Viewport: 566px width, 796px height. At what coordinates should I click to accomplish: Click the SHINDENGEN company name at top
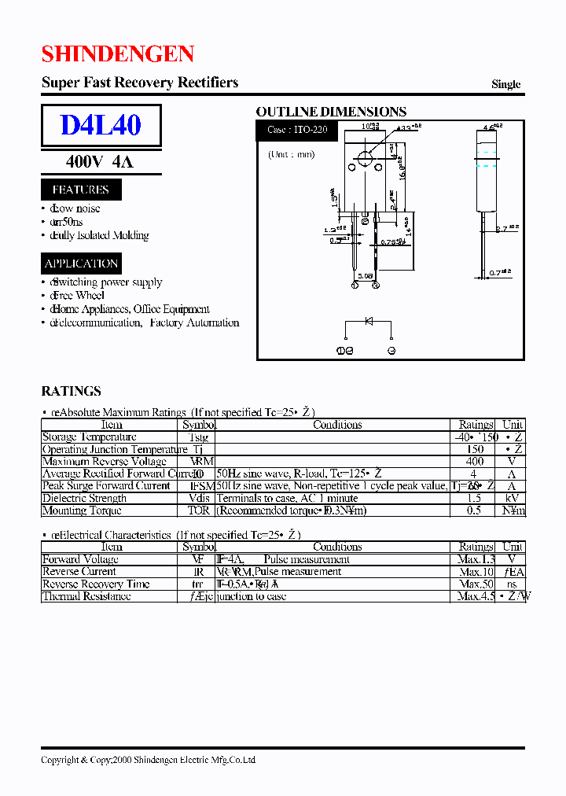[117, 54]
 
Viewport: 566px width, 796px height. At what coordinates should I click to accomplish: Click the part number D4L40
[101, 126]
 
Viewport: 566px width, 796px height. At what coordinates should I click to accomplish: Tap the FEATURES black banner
[80, 190]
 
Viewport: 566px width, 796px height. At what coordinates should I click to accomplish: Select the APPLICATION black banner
[81, 263]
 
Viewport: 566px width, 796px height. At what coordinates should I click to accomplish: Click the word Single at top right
[505, 84]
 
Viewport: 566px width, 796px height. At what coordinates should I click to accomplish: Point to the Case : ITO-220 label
[297, 131]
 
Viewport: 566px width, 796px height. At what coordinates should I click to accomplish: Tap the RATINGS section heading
[71, 391]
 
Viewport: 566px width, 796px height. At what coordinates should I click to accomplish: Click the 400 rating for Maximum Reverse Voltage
[474, 462]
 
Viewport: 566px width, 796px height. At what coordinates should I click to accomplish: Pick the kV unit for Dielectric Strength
[513, 499]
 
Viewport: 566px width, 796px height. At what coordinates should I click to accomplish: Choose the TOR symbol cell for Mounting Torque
[199, 510]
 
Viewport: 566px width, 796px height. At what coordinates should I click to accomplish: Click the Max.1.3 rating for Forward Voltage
[476, 559]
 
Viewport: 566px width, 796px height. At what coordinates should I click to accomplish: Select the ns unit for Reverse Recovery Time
[513, 584]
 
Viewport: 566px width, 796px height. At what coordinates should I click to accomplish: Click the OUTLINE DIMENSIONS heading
[331, 112]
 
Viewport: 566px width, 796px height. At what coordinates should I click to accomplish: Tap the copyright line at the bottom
[148, 760]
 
